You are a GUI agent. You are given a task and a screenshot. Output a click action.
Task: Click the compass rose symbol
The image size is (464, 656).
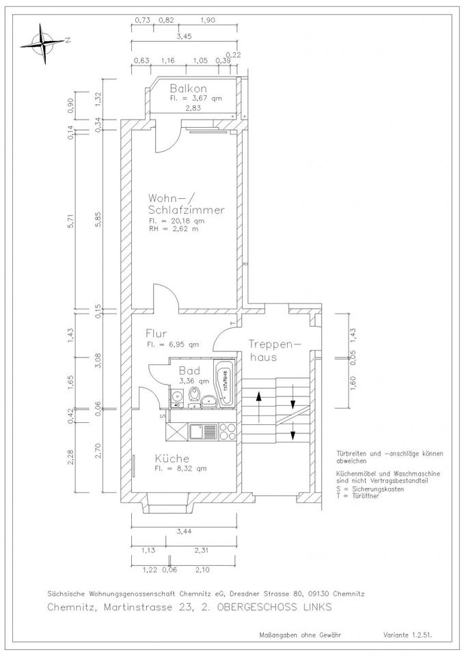click(44, 43)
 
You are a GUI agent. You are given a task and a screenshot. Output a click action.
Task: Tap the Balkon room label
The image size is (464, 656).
click(189, 88)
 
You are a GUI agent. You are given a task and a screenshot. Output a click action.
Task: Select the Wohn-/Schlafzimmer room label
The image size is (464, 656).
click(186, 204)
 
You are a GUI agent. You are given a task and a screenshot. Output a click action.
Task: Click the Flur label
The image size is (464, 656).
click(156, 333)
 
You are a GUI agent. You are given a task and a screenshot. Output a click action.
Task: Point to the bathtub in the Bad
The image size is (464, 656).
click(224, 382)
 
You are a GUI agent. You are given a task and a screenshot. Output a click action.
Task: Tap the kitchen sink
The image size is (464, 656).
click(204, 432)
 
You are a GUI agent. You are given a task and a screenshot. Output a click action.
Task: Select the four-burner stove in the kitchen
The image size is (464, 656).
click(227, 432)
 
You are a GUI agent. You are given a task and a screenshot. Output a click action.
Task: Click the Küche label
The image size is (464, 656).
click(172, 458)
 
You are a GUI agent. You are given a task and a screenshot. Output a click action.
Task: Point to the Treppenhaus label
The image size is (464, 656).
click(275, 351)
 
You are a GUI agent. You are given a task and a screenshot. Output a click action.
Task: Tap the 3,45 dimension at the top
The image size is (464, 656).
click(184, 36)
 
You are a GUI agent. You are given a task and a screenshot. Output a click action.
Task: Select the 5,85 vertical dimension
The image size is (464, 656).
click(98, 219)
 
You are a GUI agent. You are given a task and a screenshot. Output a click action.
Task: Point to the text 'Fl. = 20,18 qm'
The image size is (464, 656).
click(176, 221)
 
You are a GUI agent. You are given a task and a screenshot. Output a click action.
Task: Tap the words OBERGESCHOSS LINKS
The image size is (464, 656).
click(275, 607)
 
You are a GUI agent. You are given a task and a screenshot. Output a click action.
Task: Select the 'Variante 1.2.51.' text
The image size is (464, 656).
click(407, 635)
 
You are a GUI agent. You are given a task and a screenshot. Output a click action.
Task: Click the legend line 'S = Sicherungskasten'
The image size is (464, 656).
click(370, 489)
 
